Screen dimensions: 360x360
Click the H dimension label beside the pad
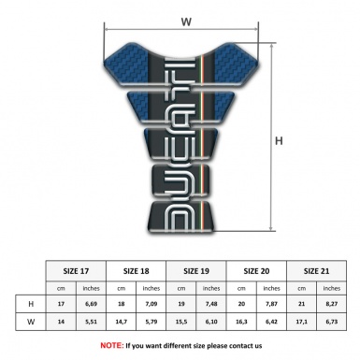(279, 142)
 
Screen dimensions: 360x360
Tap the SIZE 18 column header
(138, 269)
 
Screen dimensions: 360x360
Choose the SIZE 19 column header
(198, 269)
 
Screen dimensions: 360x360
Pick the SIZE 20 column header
(257, 269)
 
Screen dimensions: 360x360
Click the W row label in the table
(32, 325)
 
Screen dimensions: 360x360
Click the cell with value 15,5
(182, 325)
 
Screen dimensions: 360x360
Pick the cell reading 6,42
(272, 325)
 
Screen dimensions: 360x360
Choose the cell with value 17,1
(301, 325)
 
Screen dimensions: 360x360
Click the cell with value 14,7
(123, 325)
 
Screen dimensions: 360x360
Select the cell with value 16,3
(242, 325)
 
